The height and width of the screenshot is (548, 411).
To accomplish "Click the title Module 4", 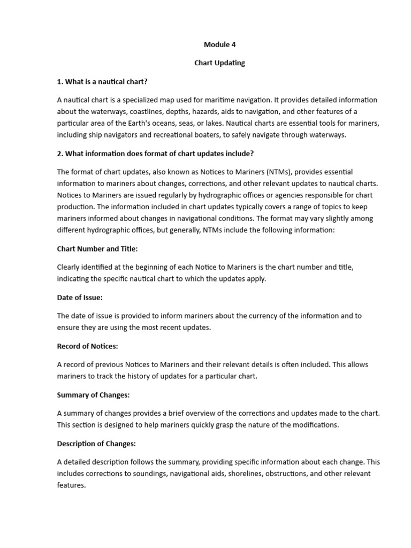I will (x=219, y=45).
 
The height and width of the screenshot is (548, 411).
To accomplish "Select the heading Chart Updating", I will (x=219, y=63).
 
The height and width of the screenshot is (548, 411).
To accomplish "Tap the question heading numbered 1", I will (x=102, y=81).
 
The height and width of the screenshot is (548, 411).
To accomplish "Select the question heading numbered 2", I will (x=155, y=154).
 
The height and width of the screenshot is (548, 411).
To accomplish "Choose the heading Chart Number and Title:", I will (x=97, y=249).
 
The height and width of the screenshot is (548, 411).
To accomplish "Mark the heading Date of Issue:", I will (x=80, y=298).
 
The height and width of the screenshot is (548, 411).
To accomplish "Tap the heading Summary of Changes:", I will (x=94, y=395).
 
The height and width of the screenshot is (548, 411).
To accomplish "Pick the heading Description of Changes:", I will (x=96, y=444).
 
